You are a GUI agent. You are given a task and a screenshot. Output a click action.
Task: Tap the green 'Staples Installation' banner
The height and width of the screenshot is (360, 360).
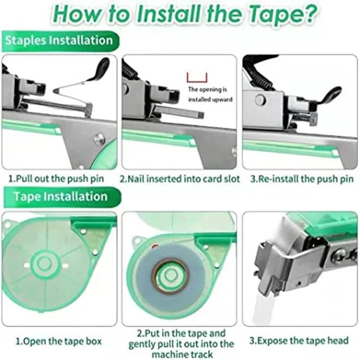[60, 41]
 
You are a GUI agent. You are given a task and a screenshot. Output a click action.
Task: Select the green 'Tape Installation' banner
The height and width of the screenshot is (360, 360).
[62, 197]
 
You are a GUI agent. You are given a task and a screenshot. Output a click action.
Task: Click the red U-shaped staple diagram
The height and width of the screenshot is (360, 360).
[197, 78]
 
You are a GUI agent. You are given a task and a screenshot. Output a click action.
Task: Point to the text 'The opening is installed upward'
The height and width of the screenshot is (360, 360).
[210, 94]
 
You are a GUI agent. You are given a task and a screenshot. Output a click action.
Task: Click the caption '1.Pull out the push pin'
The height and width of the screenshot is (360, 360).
[56, 178]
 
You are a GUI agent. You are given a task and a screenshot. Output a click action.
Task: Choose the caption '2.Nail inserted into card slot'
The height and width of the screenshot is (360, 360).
[180, 178]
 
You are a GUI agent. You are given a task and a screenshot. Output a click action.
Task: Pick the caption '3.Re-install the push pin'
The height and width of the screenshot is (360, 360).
[302, 178]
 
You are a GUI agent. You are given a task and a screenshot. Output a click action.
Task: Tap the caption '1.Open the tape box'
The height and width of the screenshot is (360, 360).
[58, 341]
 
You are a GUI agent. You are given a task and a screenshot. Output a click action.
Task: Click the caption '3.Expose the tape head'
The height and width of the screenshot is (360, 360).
[299, 341]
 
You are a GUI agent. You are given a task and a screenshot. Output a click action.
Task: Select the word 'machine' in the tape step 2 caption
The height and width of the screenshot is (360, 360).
[170, 354]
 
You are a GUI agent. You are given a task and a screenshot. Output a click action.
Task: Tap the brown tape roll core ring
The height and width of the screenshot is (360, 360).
[172, 276]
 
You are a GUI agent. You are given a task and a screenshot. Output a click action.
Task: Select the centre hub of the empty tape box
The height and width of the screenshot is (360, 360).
[45, 263]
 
